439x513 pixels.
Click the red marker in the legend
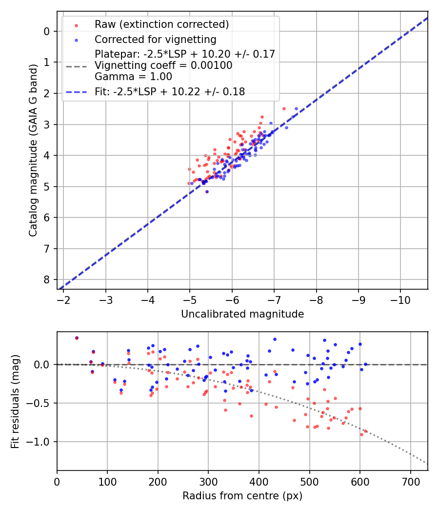(x=76, y=24)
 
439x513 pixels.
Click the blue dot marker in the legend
(x=76, y=39)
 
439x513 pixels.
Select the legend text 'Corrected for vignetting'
(x=155, y=39)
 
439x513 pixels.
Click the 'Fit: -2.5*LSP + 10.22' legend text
(x=170, y=91)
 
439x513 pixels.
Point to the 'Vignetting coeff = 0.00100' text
(x=163, y=65)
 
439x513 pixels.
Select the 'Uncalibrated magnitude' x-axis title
(x=242, y=314)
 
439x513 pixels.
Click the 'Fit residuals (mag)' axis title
(x=15, y=401)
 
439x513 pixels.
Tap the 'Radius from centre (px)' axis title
(x=242, y=496)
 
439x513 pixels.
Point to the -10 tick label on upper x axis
(x=400, y=299)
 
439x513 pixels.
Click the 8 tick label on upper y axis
(x=47, y=280)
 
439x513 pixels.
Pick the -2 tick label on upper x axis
(x=63, y=299)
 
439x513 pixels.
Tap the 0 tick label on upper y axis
(x=47, y=31)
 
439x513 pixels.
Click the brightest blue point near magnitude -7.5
(x=296, y=108)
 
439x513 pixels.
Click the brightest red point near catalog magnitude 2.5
(x=284, y=108)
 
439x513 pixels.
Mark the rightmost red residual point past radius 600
(x=366, y=431)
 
